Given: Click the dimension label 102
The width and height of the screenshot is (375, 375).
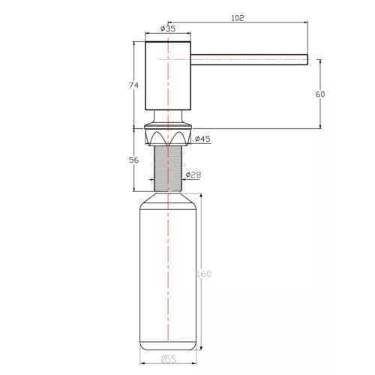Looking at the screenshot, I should coord(238,17).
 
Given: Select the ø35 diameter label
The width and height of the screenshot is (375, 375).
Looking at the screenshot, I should coord(168,29).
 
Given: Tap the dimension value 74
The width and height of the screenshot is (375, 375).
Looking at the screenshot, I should coord(134,85).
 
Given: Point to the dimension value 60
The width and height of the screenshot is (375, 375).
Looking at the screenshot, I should coord(320,94).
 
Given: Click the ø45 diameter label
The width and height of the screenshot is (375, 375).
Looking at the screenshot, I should coord(202,139).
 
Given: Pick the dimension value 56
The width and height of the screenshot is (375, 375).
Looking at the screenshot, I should coord(134,159).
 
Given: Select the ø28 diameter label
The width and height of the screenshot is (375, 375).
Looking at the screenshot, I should coord(193,175).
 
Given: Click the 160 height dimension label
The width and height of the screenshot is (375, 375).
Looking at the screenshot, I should coord(203,273).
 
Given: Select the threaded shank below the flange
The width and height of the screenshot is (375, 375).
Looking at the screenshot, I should coord(168,168).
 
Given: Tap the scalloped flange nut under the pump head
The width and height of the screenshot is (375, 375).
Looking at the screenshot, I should coord(168,137).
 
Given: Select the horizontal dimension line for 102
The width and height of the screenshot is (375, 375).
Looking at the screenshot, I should coord(247,23).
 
